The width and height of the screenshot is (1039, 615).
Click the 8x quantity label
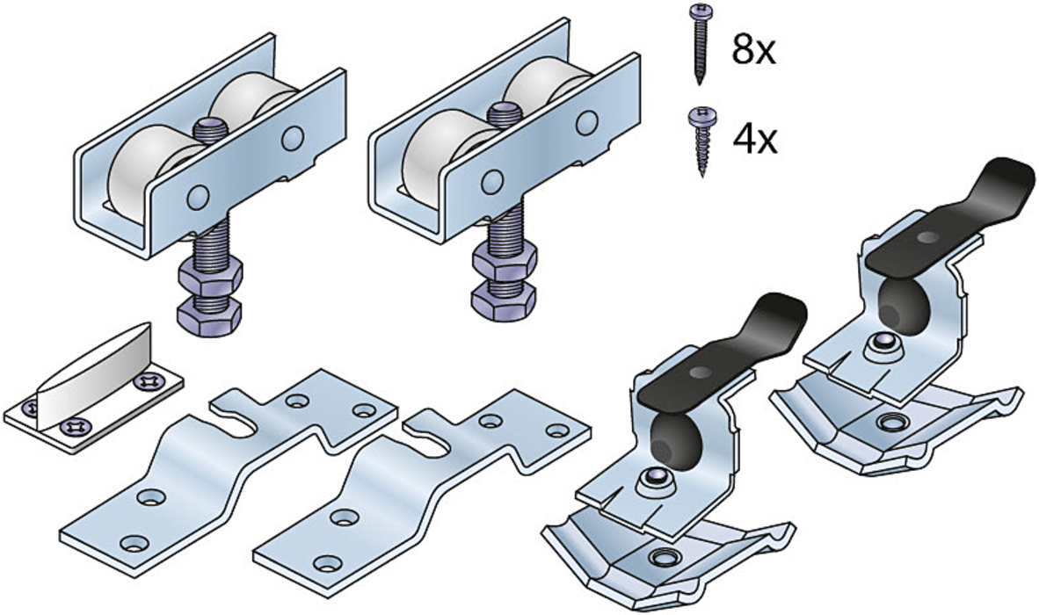tap(753, 49)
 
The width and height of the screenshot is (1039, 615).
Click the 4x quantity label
tap(755, 139)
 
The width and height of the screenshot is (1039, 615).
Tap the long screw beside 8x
tap(699, 43)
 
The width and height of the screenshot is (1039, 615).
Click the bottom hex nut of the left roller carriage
tap(209, 317)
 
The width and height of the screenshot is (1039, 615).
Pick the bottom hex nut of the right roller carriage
tap(503, 300)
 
